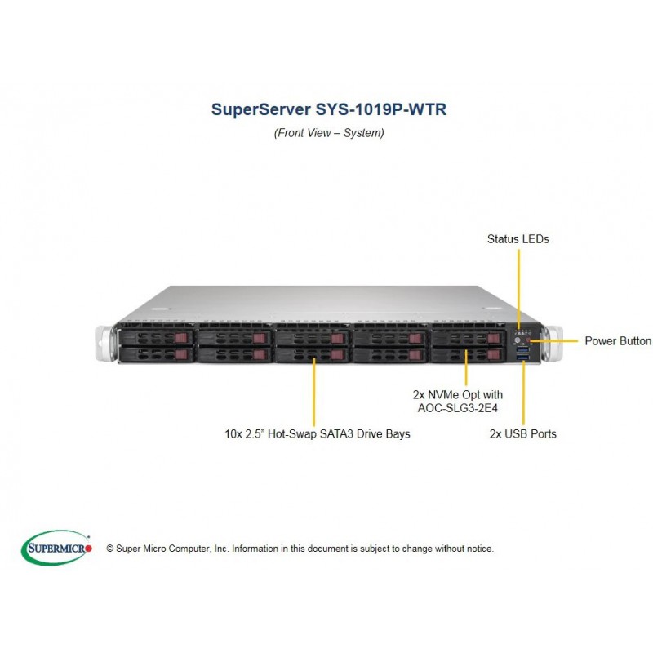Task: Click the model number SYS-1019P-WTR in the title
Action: (x=381, y=109)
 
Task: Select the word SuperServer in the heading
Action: (x=260, y=109)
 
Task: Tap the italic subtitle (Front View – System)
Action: (x=329, y=133)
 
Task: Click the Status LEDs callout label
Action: (x=518, y=239)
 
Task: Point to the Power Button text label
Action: (x=618, y=341)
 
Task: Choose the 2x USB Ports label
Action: (x=523, y=434)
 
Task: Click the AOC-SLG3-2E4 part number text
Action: (x=458, y=407)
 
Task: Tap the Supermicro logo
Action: (x=56, y=548)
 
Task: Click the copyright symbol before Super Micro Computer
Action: (x=110, y=549)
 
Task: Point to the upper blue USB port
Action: (x=522, y=349)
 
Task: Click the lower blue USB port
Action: (x=522, y=357)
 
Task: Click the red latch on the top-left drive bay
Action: (x=182, y=337)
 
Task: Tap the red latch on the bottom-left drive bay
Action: (x=182, y=354)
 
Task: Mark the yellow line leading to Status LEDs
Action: (x=518, y=290)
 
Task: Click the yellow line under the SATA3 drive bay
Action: (x=314, y=393)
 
